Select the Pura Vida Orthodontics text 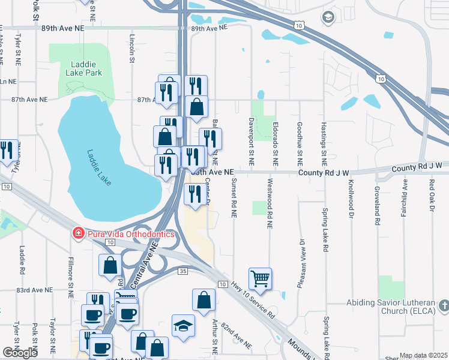pyautogui.click(x=129, y=233)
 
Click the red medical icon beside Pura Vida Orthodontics pyautogui.click(x=77, y=233)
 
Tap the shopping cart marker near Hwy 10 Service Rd pyautogui.click(x=260, y=278)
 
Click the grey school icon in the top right pyautogui.click(x=327, y=17)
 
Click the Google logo pyautogui.click(x=20, y=353)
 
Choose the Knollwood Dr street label pyautogui.click(x=351, y=202)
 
